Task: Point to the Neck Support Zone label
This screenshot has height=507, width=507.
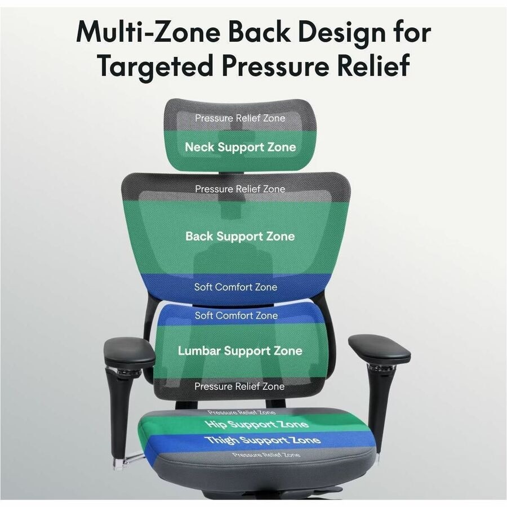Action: [x=240, y=147]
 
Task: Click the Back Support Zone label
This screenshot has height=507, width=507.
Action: [x=240, y=237]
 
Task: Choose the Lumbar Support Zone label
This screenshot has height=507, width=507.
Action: [x=240, y=351]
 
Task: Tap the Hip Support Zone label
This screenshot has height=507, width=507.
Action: [x=257, y=424]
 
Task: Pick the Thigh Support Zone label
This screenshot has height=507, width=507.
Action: [x=263, y=440]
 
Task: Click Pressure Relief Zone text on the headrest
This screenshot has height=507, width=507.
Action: [x=240, y=118]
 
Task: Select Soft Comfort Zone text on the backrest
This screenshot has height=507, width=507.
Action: [x=235, y=287]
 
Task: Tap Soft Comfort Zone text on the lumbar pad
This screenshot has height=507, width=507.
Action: [x=237, y=315]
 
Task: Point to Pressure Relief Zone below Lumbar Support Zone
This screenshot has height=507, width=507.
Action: [x=239, y=386]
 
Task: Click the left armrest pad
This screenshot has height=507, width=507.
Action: [x=129, y=351]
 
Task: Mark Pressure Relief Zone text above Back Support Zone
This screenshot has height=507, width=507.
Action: [x=240, y=189]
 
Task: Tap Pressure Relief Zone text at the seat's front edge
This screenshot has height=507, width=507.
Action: [x=266, y=455]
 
